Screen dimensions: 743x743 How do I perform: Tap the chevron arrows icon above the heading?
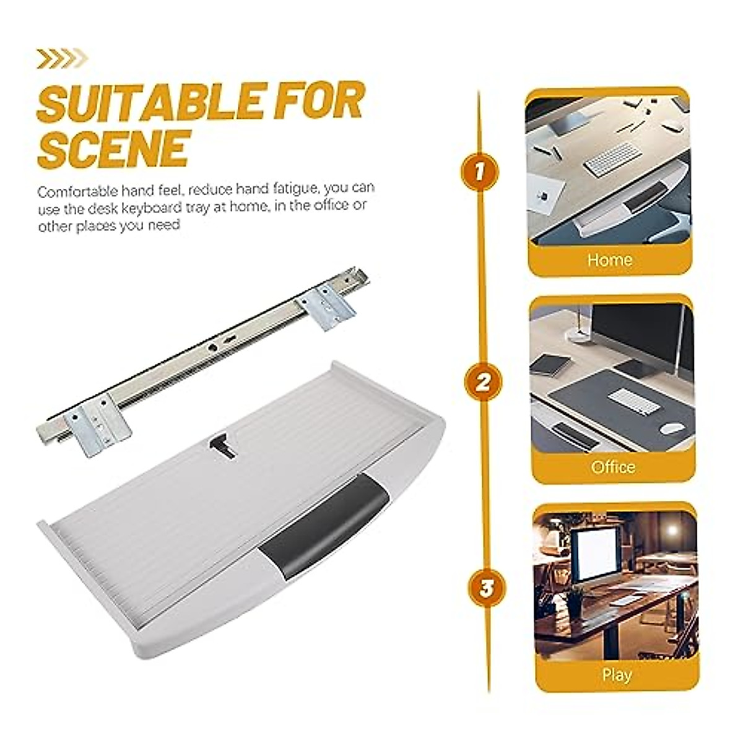(62, 59)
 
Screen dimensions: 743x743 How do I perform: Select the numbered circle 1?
(478, 172)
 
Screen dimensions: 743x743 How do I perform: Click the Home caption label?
(609, 260)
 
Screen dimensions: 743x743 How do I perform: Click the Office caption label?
(613, 466)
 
